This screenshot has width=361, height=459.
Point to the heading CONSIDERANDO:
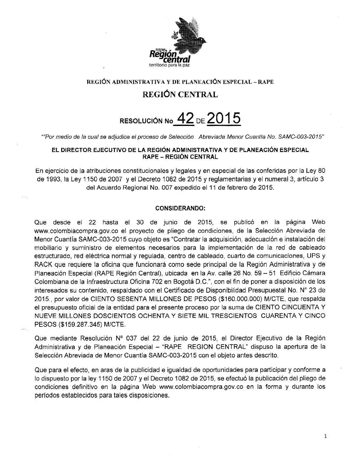pyautogui.click(x=180, y=208)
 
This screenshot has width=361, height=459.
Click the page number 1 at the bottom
pyautogui.click(x=325, y=436)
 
